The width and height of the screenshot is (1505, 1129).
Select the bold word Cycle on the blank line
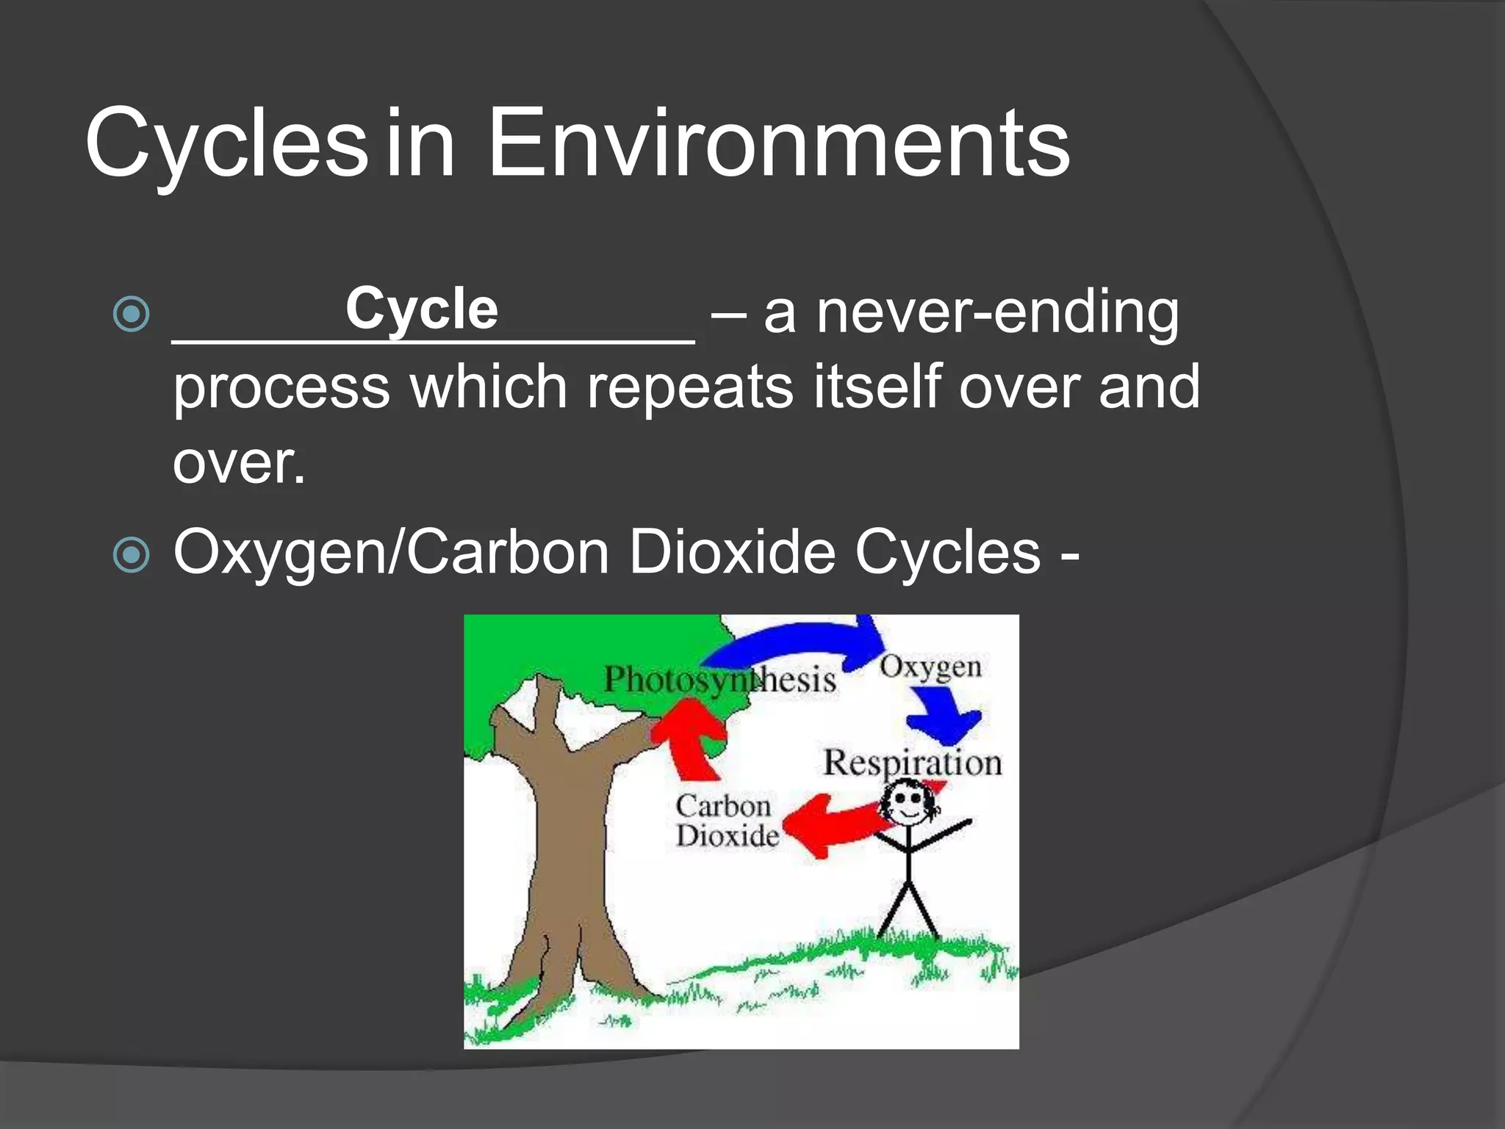pos(422,309)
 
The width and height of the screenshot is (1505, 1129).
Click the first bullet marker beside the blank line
pos(132,315)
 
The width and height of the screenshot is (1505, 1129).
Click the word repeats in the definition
pos(689,387)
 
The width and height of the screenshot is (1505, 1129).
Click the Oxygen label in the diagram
pos(930,667)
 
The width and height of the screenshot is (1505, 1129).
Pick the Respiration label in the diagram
pos(912,762)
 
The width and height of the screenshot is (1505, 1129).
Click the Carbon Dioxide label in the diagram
pos(725,821)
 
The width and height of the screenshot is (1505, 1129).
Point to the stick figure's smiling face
pos(909,804)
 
